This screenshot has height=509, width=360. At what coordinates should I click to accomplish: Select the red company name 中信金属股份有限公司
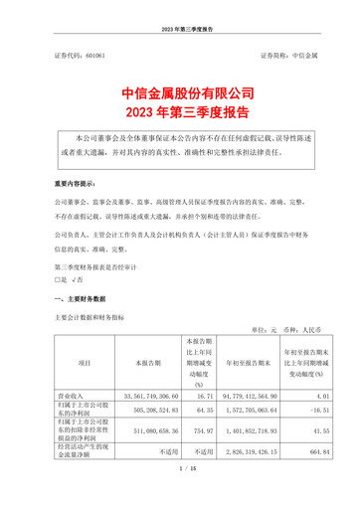pos(180,91)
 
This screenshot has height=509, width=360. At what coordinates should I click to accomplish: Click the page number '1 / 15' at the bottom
pos(180,497)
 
